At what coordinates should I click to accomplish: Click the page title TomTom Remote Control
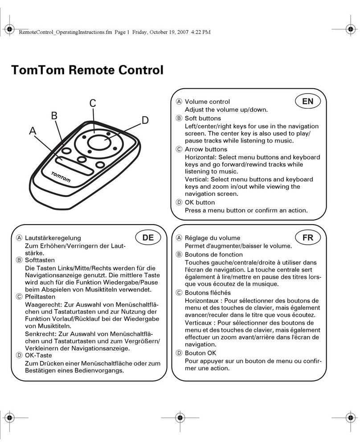click(87, 70)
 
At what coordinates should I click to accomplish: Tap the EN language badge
click(307, 101)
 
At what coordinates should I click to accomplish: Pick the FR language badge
click(307, 238)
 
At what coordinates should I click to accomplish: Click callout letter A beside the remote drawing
click(32, 131)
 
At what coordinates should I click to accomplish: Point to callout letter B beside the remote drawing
click(54, 116)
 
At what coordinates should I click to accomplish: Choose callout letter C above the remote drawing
click(93, 103)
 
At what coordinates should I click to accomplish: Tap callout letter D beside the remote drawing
click(144, 120)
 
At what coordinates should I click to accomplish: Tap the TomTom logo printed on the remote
click(61, 176)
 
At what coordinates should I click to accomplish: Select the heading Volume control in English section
click(207, 102)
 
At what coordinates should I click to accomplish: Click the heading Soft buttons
click(203, 118)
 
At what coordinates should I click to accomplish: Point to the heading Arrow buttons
click(205, 149)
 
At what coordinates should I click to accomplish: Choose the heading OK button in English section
click(200, 203)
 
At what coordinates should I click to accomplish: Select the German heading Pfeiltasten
click(40, 296)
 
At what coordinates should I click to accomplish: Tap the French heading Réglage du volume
click(213, 238)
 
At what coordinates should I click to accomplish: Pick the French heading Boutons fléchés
click(208, 293)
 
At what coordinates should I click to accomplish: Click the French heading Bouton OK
click(200, 353)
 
